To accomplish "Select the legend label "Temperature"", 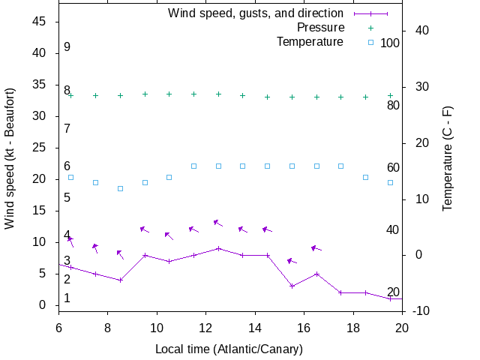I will (310, 42).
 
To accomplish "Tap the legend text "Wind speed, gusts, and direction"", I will (255, 13).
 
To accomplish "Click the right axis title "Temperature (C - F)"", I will (448, 157).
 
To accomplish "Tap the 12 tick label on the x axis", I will (206, 328).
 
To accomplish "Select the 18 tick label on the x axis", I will (353, 328).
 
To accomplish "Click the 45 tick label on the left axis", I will (40, 22).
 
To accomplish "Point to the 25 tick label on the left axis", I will (40, 148).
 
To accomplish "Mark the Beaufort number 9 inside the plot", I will (67, 47).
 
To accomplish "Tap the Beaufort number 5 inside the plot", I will (67, 198).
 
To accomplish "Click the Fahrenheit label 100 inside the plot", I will (390, 43).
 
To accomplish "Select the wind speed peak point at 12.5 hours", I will (218, 248).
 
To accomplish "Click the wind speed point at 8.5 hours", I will (120, 280).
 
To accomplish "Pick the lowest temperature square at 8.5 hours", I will (120, 188).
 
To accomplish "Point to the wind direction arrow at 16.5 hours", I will (316, 247).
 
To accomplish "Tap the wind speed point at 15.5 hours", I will (292, 286).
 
